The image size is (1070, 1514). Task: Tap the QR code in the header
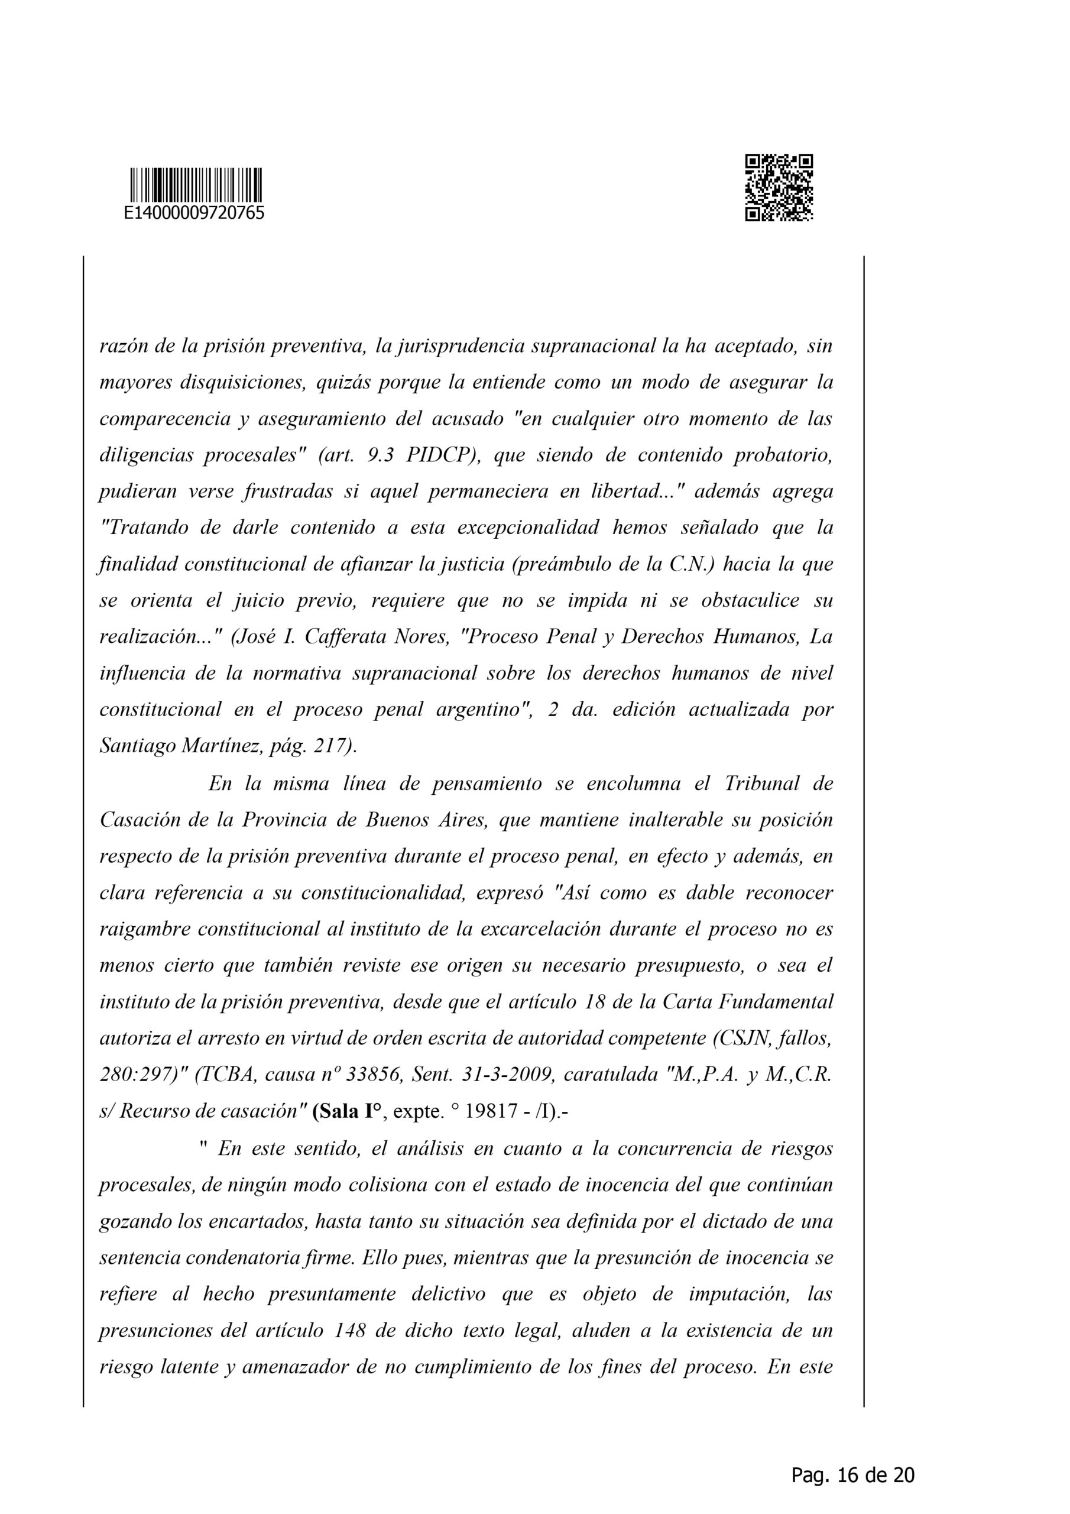point(779,187)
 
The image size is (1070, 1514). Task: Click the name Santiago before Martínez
point(137,746)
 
